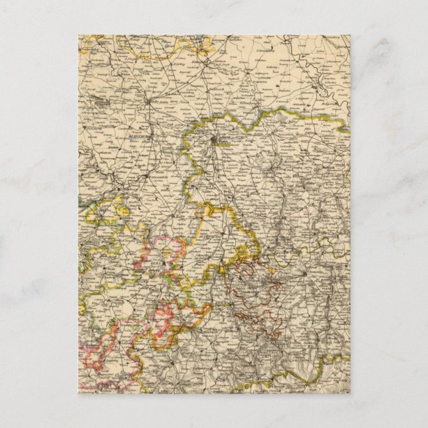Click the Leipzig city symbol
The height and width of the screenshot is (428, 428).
point(214,140)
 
